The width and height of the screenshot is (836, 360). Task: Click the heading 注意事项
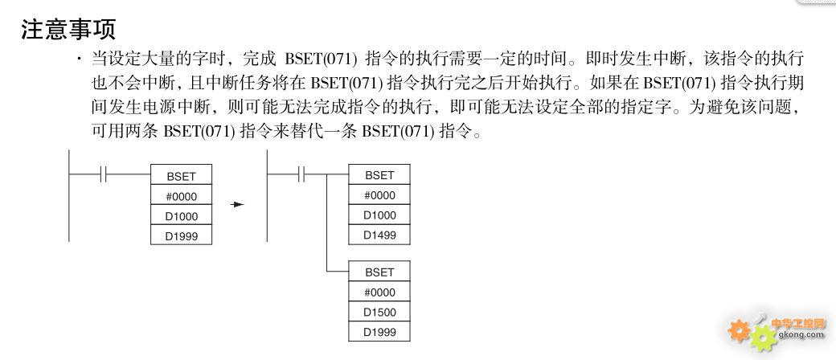(68, 30)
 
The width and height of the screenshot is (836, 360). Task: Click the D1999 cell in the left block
(182, 235)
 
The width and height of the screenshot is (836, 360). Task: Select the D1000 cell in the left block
(182, 215)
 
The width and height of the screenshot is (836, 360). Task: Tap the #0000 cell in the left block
(182, 195)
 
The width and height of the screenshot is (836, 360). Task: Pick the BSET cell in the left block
(182, 175)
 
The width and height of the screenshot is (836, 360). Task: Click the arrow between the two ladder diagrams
(237, 204)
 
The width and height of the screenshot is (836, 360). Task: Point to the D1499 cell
(379, 235)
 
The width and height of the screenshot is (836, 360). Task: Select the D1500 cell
(379, 312)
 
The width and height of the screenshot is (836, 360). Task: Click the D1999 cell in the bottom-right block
(379, 332)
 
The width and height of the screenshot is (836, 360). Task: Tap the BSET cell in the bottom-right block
(379, 271)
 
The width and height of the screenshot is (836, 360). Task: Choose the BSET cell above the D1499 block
(379, 174)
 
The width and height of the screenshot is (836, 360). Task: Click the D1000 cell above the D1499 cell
(379, 215)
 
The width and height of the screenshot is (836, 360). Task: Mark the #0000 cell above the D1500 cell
(379, 292)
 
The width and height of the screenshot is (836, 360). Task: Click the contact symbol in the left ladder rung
(104, 174)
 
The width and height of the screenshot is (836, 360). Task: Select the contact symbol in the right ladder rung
(301, 174)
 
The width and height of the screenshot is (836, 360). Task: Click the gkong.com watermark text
(801, 335)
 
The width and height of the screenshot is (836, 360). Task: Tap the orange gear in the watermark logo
(739, 330)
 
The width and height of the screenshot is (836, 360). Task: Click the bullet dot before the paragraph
(80, 58)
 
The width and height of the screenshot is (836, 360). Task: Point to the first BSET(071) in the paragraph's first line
(321, 58)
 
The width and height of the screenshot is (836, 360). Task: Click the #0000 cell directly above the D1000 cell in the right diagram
(379, 194)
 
